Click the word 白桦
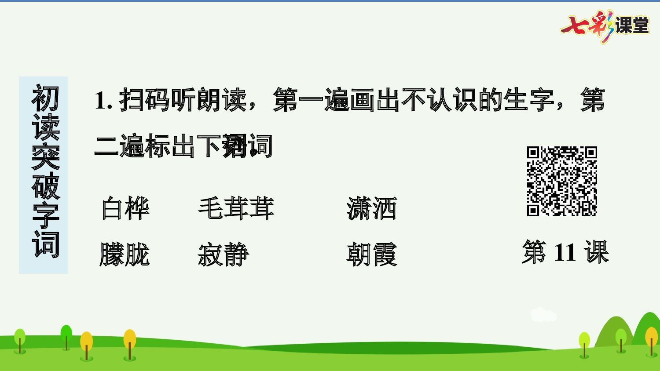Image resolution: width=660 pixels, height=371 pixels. (x=125, y=208)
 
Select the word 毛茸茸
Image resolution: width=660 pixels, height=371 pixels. (x=236, y=208)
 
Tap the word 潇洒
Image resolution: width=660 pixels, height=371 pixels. (x=372, y=208)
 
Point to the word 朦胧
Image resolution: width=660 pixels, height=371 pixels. (x=125, y=255)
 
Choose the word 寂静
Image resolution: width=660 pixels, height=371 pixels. (x=224, y=255)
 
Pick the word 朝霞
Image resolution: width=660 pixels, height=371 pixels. (x=372, y=255)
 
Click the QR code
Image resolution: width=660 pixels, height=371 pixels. (x=562, y=181)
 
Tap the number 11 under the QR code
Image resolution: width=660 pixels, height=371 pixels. (x=565, y=253)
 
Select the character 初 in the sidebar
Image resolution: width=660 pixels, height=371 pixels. (x=45, y=98)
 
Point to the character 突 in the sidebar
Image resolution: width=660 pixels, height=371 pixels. (x=45, y=156)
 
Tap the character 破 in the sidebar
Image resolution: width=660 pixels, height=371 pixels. (x=45, y=185)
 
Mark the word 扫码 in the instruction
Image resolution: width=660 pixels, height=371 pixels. (x=144, y=100)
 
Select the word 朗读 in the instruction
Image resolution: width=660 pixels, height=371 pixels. (x=222, y=100)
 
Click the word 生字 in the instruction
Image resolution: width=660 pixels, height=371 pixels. (x=529, y=100)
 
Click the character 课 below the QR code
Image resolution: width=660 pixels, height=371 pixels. (x=596, y=252)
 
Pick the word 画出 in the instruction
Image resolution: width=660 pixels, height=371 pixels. (x=375, y=100)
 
